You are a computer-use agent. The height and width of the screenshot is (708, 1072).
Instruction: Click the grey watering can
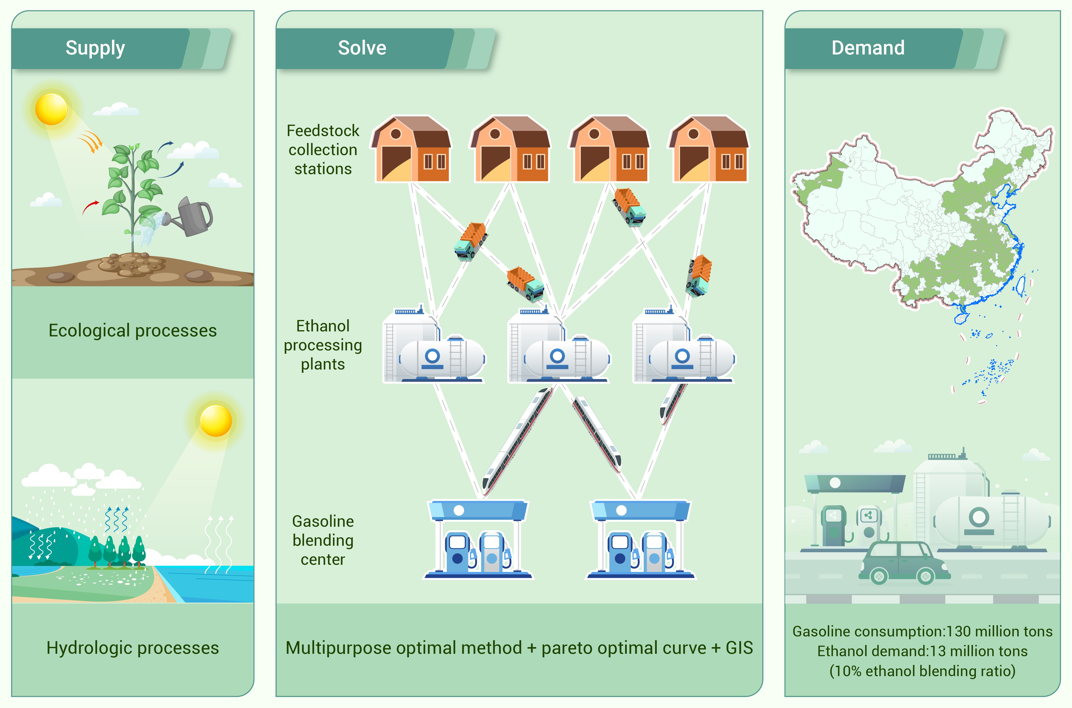[x=194, y=217]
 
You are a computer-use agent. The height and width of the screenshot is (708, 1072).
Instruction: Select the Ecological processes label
[x=132, y=330]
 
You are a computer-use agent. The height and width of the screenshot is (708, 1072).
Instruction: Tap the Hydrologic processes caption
[x=132, y=648]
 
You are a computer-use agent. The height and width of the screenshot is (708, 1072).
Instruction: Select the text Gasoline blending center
[x=323, y=540]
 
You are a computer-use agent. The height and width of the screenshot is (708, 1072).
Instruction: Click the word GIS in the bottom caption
[x=739, y=648]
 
